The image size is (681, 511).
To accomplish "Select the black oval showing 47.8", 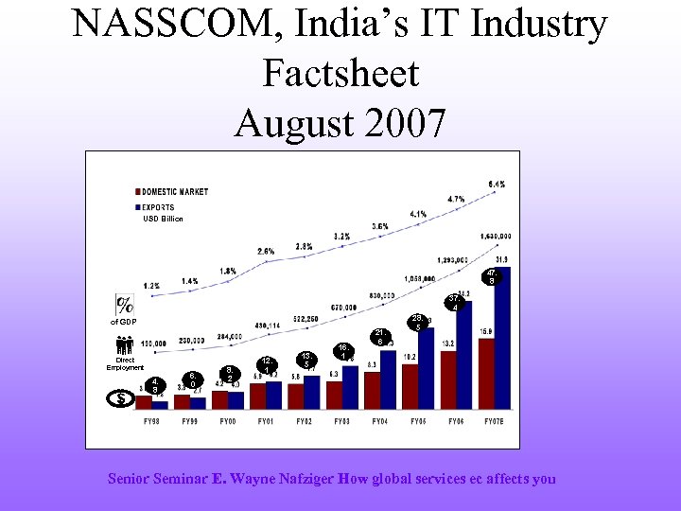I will click(x=491, y=276).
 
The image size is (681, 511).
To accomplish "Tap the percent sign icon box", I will click(x=124, y=305).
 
